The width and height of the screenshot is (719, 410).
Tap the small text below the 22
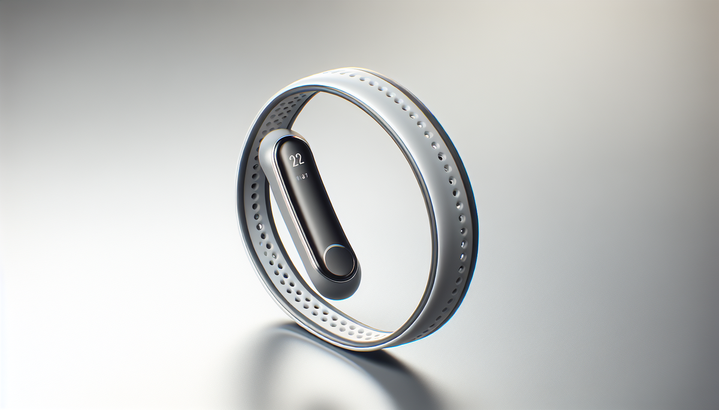point(300,176)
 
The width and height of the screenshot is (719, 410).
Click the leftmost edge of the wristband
point(238,198)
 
